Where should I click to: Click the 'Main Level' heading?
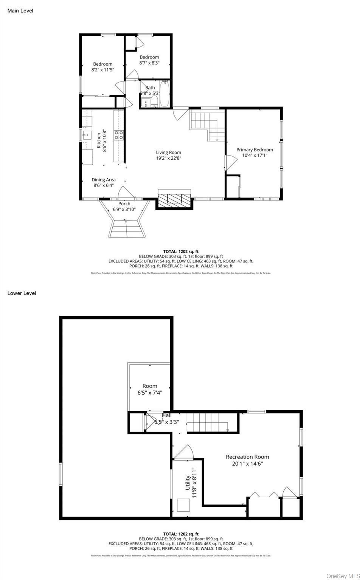[20, 11]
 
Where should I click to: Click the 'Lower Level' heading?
[22, 293]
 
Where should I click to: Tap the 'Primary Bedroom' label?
[255, 150]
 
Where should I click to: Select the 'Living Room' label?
[168, 153]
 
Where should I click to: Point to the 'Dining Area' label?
[103, 180]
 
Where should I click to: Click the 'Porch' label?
[124, 204]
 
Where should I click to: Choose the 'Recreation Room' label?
[247, 457]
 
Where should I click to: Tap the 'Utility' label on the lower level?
[188, 483]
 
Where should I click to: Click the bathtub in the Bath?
[165, 94]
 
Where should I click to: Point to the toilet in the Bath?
[154, 102]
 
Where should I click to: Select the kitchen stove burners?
[119, 135]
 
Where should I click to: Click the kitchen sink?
[87, 134]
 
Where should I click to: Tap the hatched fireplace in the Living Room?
[175, 199]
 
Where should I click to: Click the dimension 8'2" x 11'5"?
[103, 70]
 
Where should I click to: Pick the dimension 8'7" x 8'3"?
[149, 63]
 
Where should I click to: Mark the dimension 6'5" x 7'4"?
[150, 393]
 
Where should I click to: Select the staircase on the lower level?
[208, 421]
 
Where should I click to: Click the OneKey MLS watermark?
[343, 576]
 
